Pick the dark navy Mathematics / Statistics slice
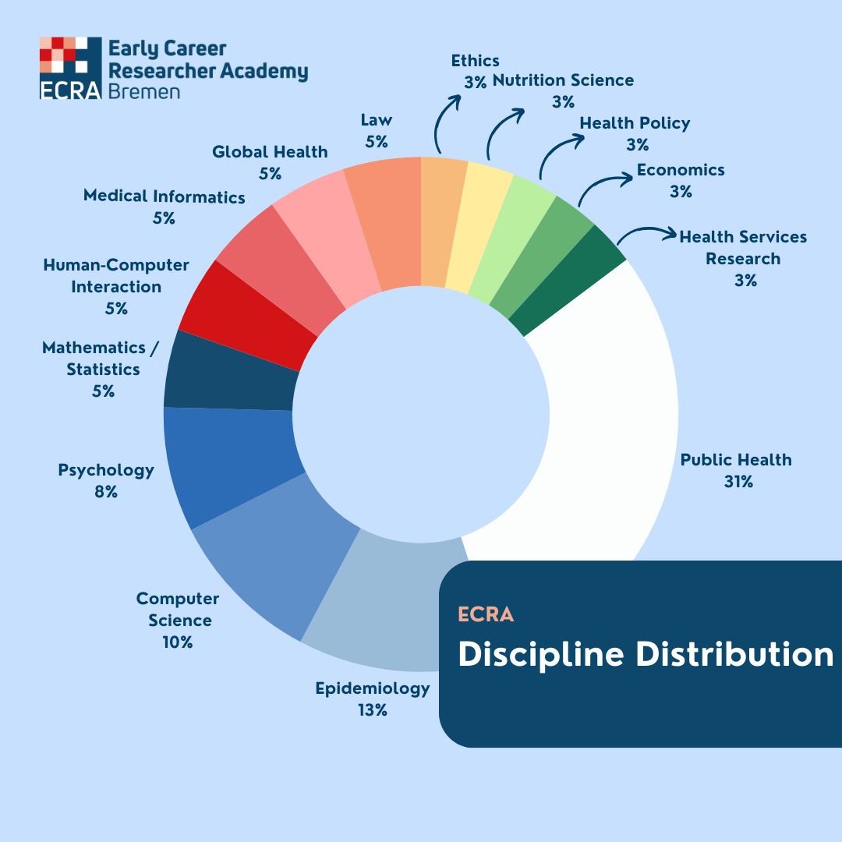pyautogui.click(x=230, y=373)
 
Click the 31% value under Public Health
pyautogui.click(x=738, y=482)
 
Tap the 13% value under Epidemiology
pyautogui.click(x=372, y=710)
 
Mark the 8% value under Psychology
pyautogui.click(x=106, y=492)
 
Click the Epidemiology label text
pyautogui.click(x=372, y=688)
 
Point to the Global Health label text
pyautogui.click(x=270, y=152)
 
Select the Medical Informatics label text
pyautogui.click(x=164, y=196)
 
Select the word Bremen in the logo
pyautogui.click(x=144, y=91)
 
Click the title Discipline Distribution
pyautogui.click(x=645, y=654)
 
